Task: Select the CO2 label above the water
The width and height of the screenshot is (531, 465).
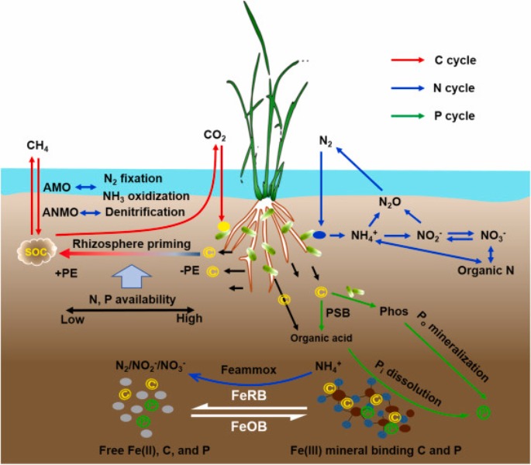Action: click(x=215, y=135)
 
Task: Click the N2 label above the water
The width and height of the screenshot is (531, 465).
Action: click(x=326, y=142)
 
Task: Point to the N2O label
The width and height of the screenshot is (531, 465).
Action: click(x=389, y=203)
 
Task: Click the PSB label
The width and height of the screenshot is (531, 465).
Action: click(x=337, y=314)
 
